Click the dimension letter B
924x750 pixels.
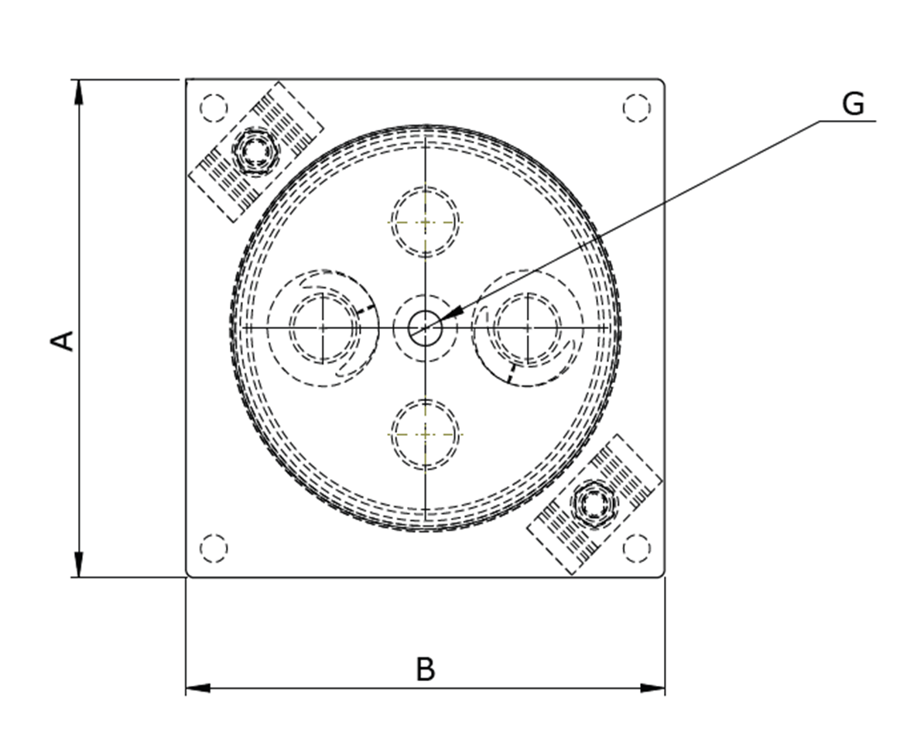point(425,670)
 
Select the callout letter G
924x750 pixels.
point(852,104)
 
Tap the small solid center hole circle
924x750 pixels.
point(425,328)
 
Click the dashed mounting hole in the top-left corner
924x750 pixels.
point(214,108)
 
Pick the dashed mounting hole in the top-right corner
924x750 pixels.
point(636,108)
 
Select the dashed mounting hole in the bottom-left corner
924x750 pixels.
point(214,548)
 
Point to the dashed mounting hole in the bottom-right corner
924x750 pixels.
point(636,548)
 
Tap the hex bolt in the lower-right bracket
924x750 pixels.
point(594,504)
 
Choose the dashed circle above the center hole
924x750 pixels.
point(425,221)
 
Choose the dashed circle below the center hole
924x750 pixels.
point(425,435)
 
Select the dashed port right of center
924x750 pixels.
point(528,328)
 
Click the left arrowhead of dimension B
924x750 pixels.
point(198,687)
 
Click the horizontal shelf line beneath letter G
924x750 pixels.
point(847,121)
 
